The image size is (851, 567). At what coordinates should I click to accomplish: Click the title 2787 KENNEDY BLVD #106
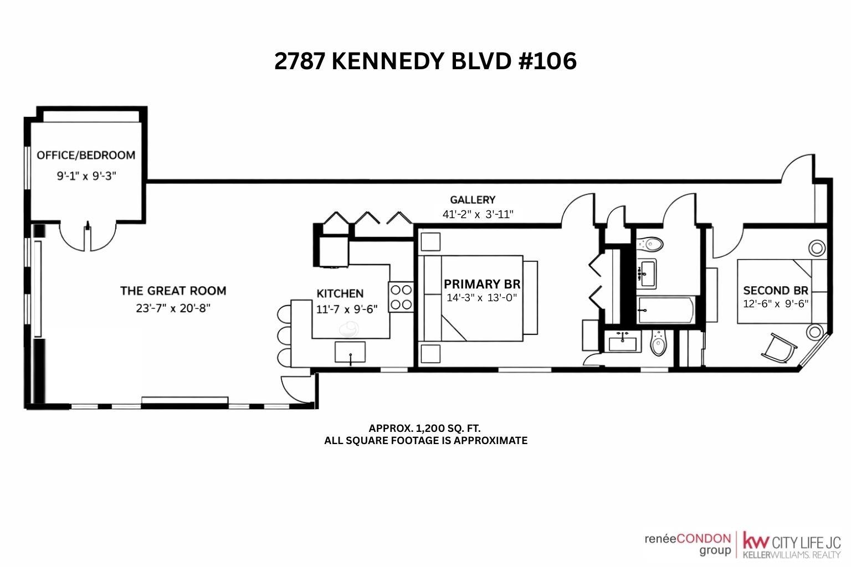coord(425,61)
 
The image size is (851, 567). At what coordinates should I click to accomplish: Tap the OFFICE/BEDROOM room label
coord(86,156)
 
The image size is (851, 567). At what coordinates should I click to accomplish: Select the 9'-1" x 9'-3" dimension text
coord(86,176)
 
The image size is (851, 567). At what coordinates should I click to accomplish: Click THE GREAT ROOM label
coord(173,291)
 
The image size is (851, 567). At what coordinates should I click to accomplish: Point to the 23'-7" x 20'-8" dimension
coord(173,308)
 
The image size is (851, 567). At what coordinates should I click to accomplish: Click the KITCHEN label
coord(340,293)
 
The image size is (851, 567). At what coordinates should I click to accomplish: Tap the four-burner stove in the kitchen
coord(401,297)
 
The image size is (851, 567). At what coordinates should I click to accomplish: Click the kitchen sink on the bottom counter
coord(350,352)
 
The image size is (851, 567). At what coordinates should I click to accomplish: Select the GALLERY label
coord(473,200)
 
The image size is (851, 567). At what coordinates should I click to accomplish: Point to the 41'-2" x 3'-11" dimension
coord(478,215)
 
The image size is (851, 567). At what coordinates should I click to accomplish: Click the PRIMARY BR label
coord(482,284)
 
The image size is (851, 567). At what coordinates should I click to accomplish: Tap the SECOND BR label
coord(776,291)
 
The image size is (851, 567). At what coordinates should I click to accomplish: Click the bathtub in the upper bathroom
coord(667,310)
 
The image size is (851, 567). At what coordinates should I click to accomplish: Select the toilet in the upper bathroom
coord(651,244)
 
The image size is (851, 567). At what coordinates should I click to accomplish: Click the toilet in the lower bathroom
coord(658,343)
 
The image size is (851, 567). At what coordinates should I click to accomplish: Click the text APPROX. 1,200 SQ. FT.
coord(425,429)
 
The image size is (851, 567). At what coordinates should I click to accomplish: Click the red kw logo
coord(756,540)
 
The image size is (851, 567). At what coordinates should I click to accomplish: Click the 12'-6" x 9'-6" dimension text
coord(776,304)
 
